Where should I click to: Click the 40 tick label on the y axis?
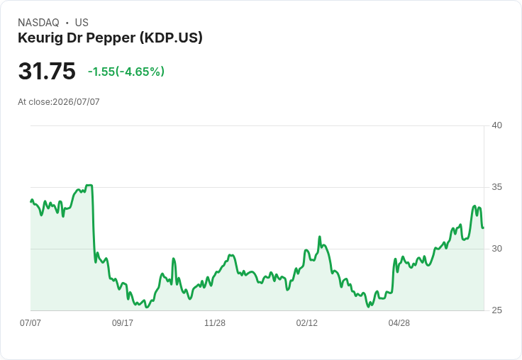coord(496,125)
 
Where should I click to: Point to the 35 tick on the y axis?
coord(496,187)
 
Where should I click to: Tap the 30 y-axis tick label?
coord(496,249)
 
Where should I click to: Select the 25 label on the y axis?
coord(496,310)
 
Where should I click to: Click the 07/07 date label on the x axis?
coord(30,323)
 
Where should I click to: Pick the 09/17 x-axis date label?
coord(123,323)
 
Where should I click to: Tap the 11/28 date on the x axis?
coord(215,323)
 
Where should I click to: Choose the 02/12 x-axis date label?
coord(307,323)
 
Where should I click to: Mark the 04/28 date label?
coord(399,323)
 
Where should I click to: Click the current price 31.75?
coord(47,71)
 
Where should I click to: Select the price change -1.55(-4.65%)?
coord(126,72)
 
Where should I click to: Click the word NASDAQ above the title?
coord(38,23)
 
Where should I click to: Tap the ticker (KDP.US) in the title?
coord(171,38)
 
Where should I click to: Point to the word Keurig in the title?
coord(40,38)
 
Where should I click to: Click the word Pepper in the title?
coord(111,38)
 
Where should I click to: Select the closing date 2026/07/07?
coord(76,102)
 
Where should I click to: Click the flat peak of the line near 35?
coord(89,186)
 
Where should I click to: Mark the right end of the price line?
coord(484,228)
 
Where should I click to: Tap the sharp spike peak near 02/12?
coord(320,237)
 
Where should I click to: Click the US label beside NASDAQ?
coord(82,23)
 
